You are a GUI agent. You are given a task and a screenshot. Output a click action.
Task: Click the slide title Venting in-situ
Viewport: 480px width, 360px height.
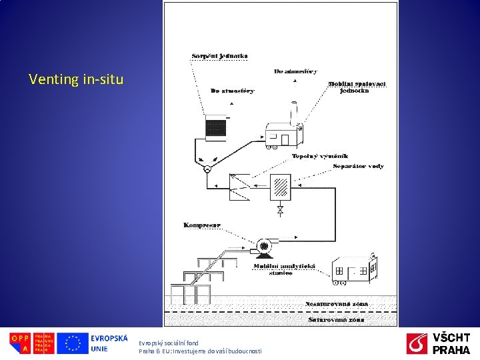click(76, 80)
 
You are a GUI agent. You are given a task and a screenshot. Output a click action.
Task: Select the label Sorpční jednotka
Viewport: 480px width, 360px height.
click(219, 55)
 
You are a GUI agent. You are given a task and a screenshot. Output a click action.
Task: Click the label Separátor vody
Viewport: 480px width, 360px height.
click(359, 166)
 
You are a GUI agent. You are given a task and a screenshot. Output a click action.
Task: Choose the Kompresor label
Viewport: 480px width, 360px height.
click(202, 225)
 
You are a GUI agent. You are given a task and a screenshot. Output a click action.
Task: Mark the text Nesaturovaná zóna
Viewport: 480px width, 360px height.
click(337, 303)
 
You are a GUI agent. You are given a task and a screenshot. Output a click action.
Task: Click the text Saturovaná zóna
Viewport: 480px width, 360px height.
click(337, 319)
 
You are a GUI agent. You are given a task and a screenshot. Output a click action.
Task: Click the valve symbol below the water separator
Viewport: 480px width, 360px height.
click(280, 211)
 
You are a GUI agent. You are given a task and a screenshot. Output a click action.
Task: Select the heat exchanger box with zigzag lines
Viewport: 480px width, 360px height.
click(239, 186)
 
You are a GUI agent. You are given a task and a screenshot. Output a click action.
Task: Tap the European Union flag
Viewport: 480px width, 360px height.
click(72, 343)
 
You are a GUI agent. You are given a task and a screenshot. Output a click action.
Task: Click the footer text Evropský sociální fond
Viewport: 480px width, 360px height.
click(169, 343)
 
